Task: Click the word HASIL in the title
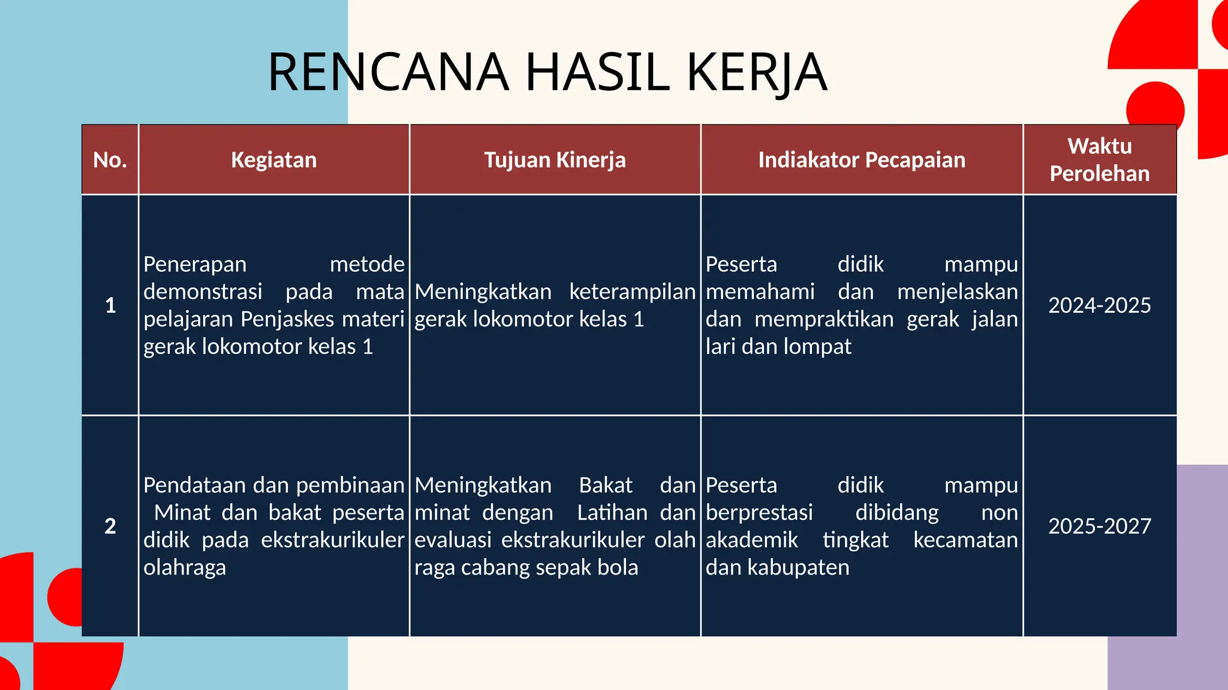(597, 72)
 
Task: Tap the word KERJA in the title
(757, 72)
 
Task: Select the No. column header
(110, 160)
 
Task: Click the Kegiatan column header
(274, 160)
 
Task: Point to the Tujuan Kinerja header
(555, 160)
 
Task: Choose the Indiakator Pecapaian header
(862, 160)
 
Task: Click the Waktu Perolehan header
(1100, 159)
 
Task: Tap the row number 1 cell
(110, 305)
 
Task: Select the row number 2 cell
(110, 526)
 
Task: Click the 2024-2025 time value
(1100, 305)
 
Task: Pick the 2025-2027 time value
(1100, 526)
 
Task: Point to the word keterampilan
(632, 292)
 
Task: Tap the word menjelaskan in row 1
(958, 292)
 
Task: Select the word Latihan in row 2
(612, 513)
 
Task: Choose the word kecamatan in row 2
(965, 540)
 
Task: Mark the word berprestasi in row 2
(759, 513)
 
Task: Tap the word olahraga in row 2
(185, 568)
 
